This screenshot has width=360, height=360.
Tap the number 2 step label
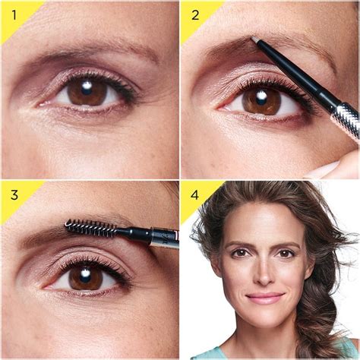pyautogui.click(x=195, y=14)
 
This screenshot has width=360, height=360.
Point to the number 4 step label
pyautogui.click(x=195, y=194)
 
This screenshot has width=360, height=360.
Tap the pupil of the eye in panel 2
pyautogui.click(x=261, y=98)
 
